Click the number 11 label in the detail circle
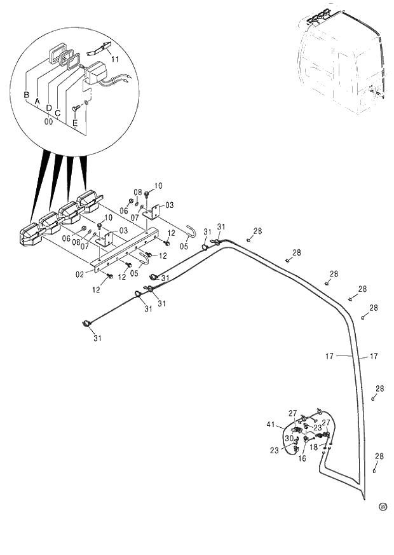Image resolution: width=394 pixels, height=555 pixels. click(115, 58)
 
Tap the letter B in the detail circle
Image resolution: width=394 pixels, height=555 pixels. click(27, 95)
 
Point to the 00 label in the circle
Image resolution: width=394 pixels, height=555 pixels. click(48, 120)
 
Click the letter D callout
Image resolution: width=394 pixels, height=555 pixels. click(48, 108)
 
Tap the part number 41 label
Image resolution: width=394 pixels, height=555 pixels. click(271, 424)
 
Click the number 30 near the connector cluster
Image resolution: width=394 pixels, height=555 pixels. click(289, 439)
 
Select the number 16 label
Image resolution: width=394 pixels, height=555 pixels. click(302, 458)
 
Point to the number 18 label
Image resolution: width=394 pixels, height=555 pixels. click(313, 447)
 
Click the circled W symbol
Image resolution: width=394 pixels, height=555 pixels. click(383, 506)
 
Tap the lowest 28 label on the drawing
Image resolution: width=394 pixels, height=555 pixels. click(379, 456)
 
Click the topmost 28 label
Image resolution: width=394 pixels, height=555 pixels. click(257, 231)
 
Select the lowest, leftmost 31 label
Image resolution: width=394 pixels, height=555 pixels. click(97, 338)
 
